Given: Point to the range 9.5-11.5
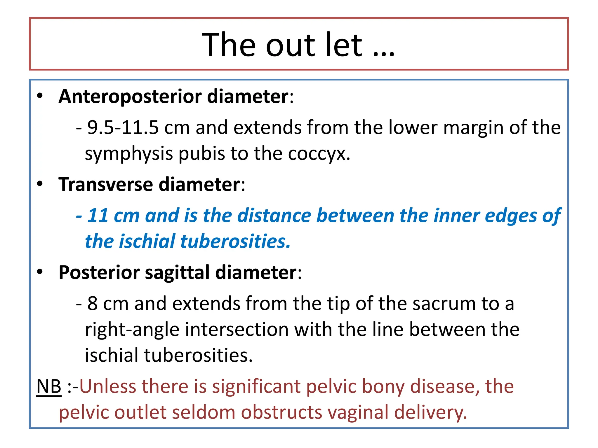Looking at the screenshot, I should pos(123,128).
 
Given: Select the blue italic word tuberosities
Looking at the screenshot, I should pos(235,242).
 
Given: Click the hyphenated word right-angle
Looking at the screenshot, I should pos(132,330).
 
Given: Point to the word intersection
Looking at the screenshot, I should pos(237,330).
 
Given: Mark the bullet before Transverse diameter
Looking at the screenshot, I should pos(40,184).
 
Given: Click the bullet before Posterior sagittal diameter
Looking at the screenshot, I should pos(40,272).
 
